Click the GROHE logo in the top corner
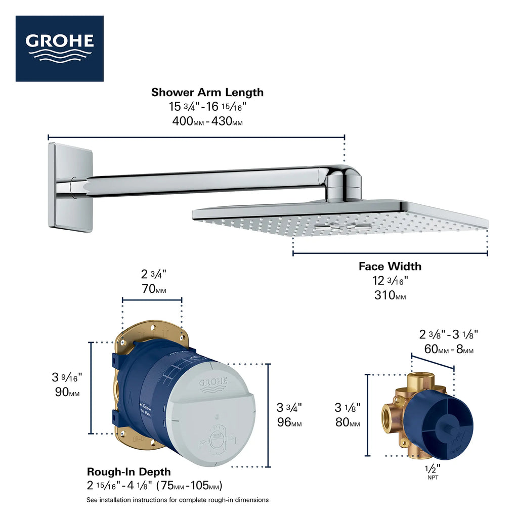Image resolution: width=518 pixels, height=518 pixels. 60,48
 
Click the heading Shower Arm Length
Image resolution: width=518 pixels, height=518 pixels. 207,93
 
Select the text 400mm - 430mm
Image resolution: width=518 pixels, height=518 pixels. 207,122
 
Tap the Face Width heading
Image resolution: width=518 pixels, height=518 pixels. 390,266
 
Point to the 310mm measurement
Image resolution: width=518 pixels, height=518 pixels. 390,295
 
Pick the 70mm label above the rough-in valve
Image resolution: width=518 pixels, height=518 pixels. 153,290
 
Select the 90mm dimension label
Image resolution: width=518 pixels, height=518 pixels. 67,392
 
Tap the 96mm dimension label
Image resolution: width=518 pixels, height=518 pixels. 289,422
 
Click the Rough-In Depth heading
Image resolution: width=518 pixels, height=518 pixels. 128,472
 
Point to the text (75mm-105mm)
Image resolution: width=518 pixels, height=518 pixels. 189,486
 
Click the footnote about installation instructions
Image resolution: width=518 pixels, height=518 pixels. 178,500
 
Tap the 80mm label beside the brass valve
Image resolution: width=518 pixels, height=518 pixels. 348,422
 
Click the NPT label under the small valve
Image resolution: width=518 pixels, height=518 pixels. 433,477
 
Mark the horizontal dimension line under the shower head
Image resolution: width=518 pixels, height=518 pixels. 390,253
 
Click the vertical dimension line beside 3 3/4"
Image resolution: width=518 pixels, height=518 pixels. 268,415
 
